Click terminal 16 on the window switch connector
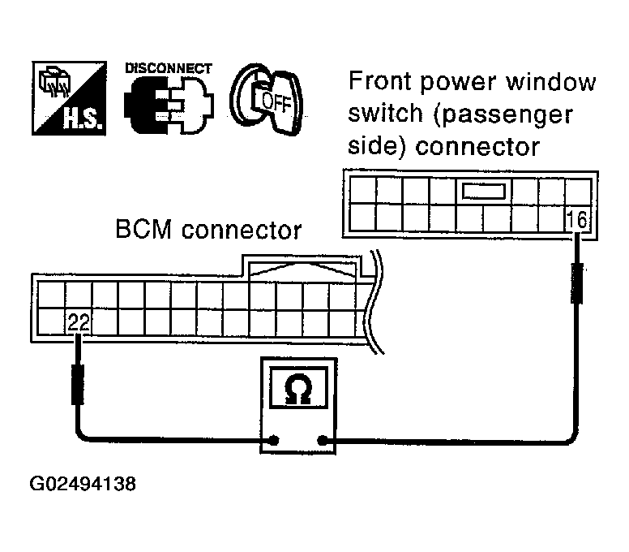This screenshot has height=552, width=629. click(577, 219)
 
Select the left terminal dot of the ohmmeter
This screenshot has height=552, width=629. click(275, 441)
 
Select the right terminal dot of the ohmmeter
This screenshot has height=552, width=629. click(323, 441)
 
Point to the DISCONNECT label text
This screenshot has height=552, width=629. click(169, 68)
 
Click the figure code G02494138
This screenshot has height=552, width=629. click(83, 485)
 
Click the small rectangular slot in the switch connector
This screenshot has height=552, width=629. click(483, 192)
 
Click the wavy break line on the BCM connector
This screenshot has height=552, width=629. click(372, 304)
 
